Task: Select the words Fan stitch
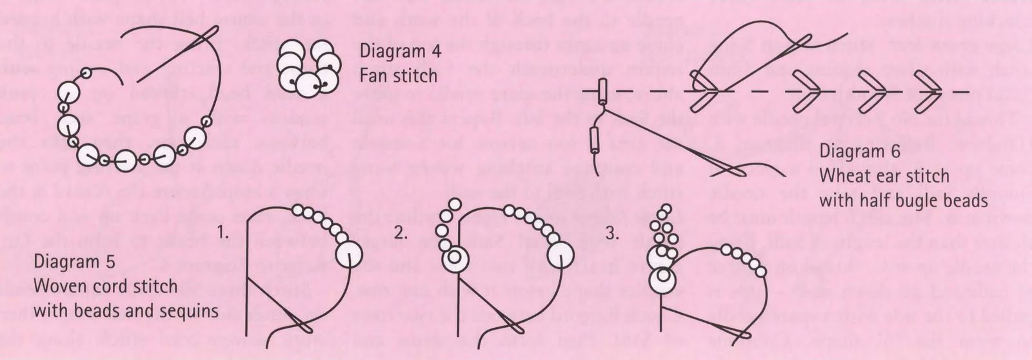coord(399,75)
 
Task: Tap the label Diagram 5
coord(75,263)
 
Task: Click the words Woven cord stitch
coord(105,286)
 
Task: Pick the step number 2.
coord(401,233)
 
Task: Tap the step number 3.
coord(612,233)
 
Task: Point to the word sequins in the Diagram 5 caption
coord(189,311)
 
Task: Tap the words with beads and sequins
coord(126,311)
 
